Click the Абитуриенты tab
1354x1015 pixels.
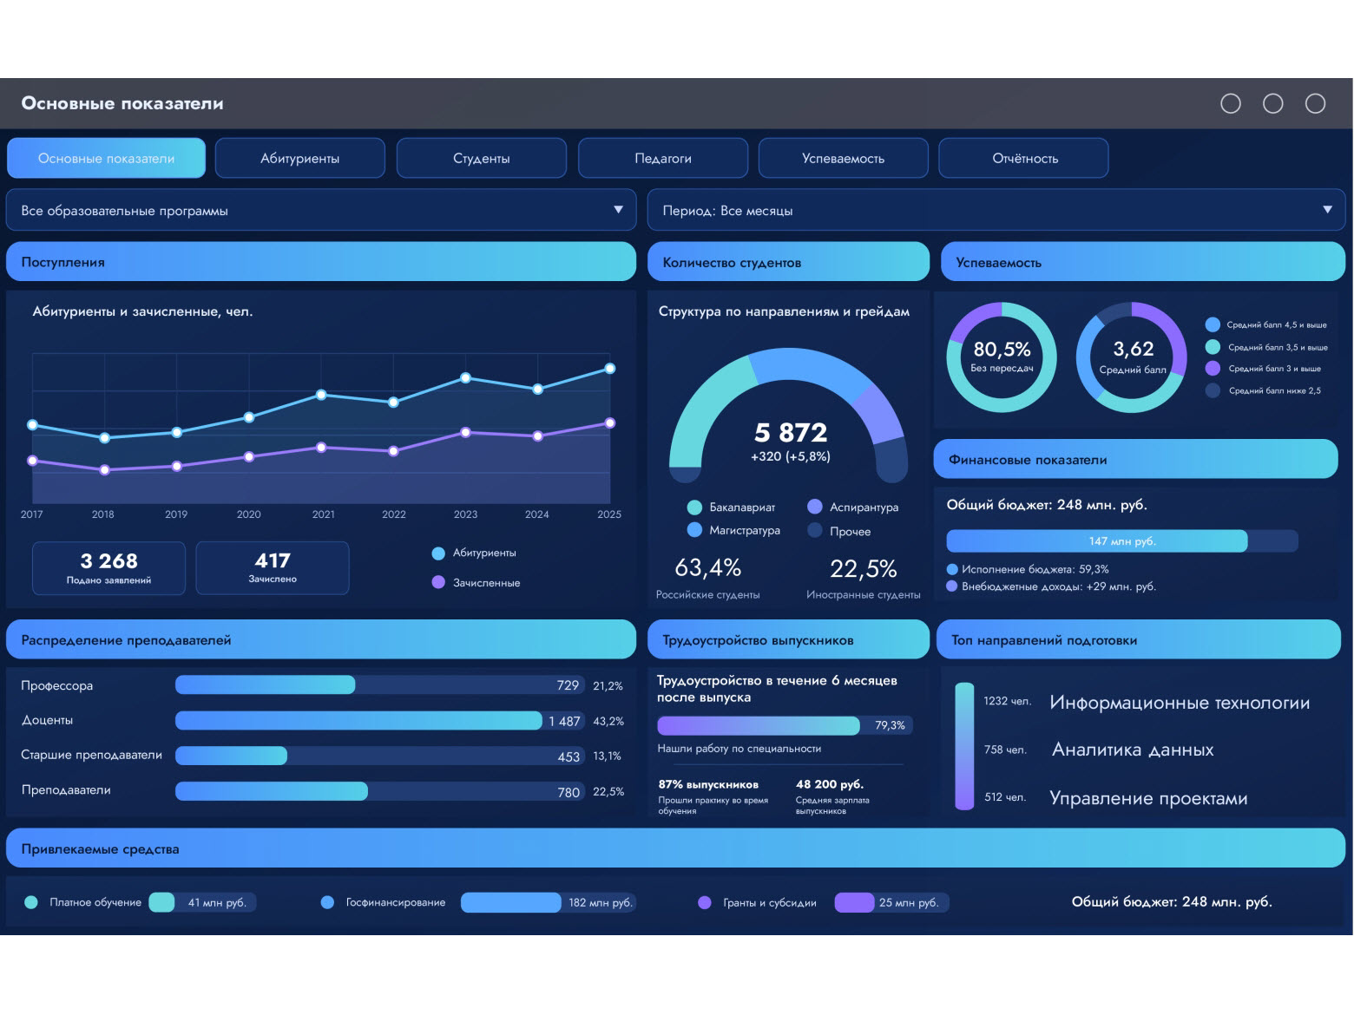pos(299,159)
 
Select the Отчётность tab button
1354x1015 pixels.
pos(1024,159)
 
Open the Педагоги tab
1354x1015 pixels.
pos(663,159)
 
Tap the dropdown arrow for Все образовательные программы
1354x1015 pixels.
pos(618,210)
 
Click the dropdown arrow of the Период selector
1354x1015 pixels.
pos(1327,210)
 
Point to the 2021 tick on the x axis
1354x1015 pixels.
pos(323,514)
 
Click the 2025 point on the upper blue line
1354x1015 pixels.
pos(610,369)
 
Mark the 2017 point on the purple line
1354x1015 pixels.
pos(33,461)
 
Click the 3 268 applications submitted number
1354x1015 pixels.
pos(108,560)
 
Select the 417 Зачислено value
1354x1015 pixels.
pos(272,560)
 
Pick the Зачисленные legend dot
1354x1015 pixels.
pos(438,582)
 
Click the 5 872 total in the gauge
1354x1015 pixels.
pos(791,433)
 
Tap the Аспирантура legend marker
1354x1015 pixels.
pos(815,507)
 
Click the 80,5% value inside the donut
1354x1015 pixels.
pos(1002,350)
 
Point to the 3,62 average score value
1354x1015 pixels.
pos(1134,349)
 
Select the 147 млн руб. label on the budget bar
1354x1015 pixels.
pos(1122,541)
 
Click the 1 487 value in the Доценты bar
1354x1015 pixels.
pos(564,722)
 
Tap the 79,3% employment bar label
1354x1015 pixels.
pos(890,725)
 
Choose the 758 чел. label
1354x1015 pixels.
pos(1005,750)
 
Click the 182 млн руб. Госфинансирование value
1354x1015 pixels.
pos(601,903)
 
